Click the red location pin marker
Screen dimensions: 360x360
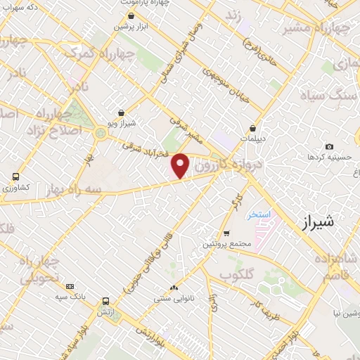pos(181,165)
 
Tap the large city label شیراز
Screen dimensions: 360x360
pos(316,222)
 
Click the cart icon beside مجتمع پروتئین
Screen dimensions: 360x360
pos(226,233)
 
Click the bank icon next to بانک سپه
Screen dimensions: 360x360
pos(70,287)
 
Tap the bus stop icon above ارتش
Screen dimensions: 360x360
pos(105,300)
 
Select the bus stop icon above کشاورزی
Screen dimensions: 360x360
pos(15,176)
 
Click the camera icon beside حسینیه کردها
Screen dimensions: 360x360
pos(329,146)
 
